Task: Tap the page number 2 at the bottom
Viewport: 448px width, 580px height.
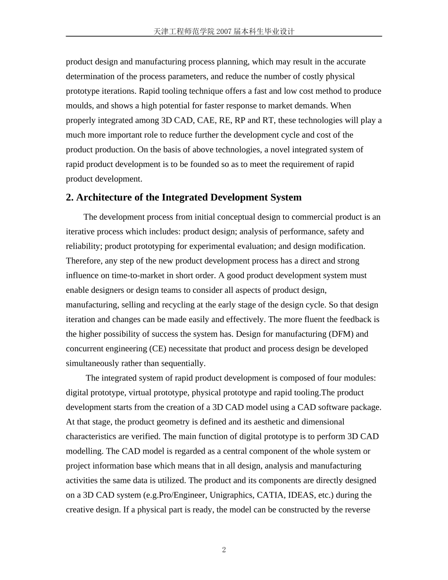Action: pyautogui.click(x=224, y=550)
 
